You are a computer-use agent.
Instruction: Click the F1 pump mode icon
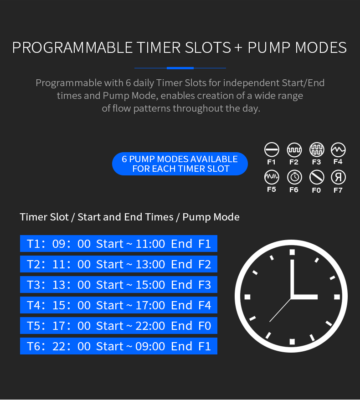click(x=272, y=149)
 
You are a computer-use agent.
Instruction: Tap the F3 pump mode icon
click(x=317, y=149)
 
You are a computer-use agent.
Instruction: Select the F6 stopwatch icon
click(x=294, y=177)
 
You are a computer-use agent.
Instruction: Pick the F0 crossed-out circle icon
click(x=317, y=177)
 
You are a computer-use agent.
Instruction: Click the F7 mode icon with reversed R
click(x=338, y=177)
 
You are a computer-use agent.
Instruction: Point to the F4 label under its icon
click(x=338, y=162)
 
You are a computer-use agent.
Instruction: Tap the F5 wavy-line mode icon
click(x=272, y=177)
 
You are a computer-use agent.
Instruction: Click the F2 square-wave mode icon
click(x=294, y=149)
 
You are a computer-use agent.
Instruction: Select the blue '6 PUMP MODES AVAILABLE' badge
click(x=180, y=164)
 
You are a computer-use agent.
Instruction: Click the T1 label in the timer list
click(x=33, y=244)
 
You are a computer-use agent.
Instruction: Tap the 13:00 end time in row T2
click(x=150, y=264)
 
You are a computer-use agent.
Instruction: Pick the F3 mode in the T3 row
click(x=205, y=285)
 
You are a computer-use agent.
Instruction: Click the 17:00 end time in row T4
click(x=150, y=305)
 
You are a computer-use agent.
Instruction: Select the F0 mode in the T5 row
click(x=205, y=326)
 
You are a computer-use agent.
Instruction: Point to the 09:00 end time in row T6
click(x=150, y=346)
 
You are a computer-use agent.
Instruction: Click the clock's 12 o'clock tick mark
click(x=292, y=252)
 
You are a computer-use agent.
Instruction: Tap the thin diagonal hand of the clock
click(x=280, y=310)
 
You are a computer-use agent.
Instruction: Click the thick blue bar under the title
click(x=180, y=68)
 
